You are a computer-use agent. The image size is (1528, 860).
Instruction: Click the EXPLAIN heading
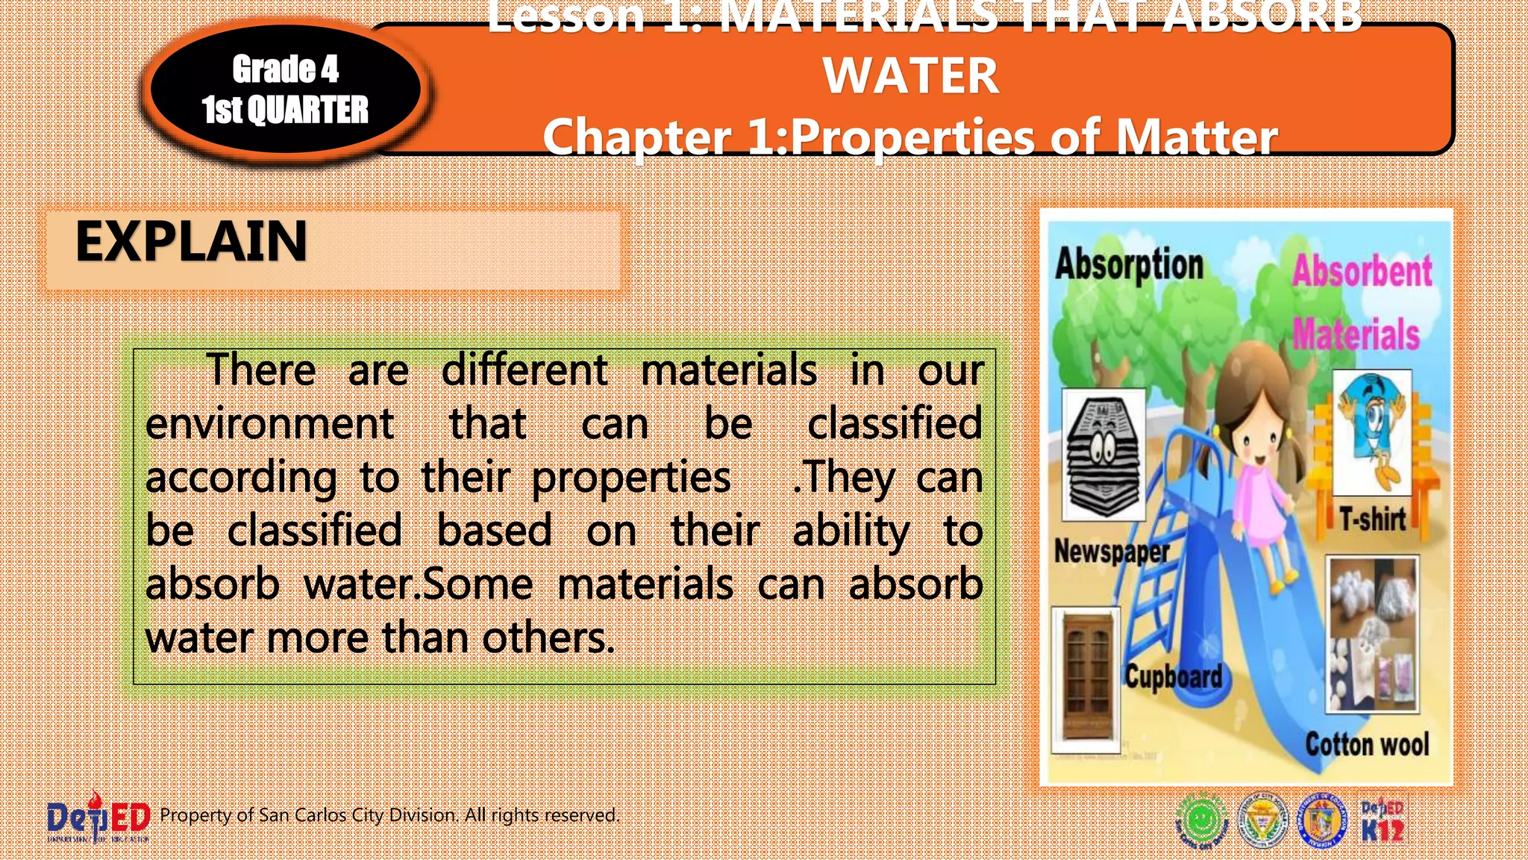click(x=191, y=242)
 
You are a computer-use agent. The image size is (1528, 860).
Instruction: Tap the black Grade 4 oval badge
click(x=285, y=90)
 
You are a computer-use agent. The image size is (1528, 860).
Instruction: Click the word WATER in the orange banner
click(x=910, y=76)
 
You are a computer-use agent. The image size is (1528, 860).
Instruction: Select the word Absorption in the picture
click(x=1129, y=265)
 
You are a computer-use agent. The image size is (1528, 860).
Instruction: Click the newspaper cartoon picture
click(x=1103, y=454)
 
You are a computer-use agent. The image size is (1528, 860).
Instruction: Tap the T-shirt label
click(x=1372, y=519)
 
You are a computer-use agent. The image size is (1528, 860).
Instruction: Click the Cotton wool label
click(x=1367, y=744)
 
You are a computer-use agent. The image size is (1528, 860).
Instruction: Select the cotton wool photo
click(x=1372, y=634)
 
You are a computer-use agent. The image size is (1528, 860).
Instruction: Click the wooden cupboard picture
click(x=1086, y=680)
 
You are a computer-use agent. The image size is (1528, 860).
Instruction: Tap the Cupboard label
click(x=1174, y=676)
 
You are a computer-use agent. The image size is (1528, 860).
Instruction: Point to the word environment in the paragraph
click(x=269, y=424)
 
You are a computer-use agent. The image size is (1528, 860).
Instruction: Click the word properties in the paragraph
click(x=630, y=478)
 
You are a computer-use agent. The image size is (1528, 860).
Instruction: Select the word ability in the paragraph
click(x=851, y=532)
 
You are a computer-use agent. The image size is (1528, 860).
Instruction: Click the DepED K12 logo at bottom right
click(x=1382, y=821)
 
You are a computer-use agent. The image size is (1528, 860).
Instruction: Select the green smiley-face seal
click(x=1202, y=820)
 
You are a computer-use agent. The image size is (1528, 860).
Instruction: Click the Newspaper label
click(x=1111, y=552)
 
